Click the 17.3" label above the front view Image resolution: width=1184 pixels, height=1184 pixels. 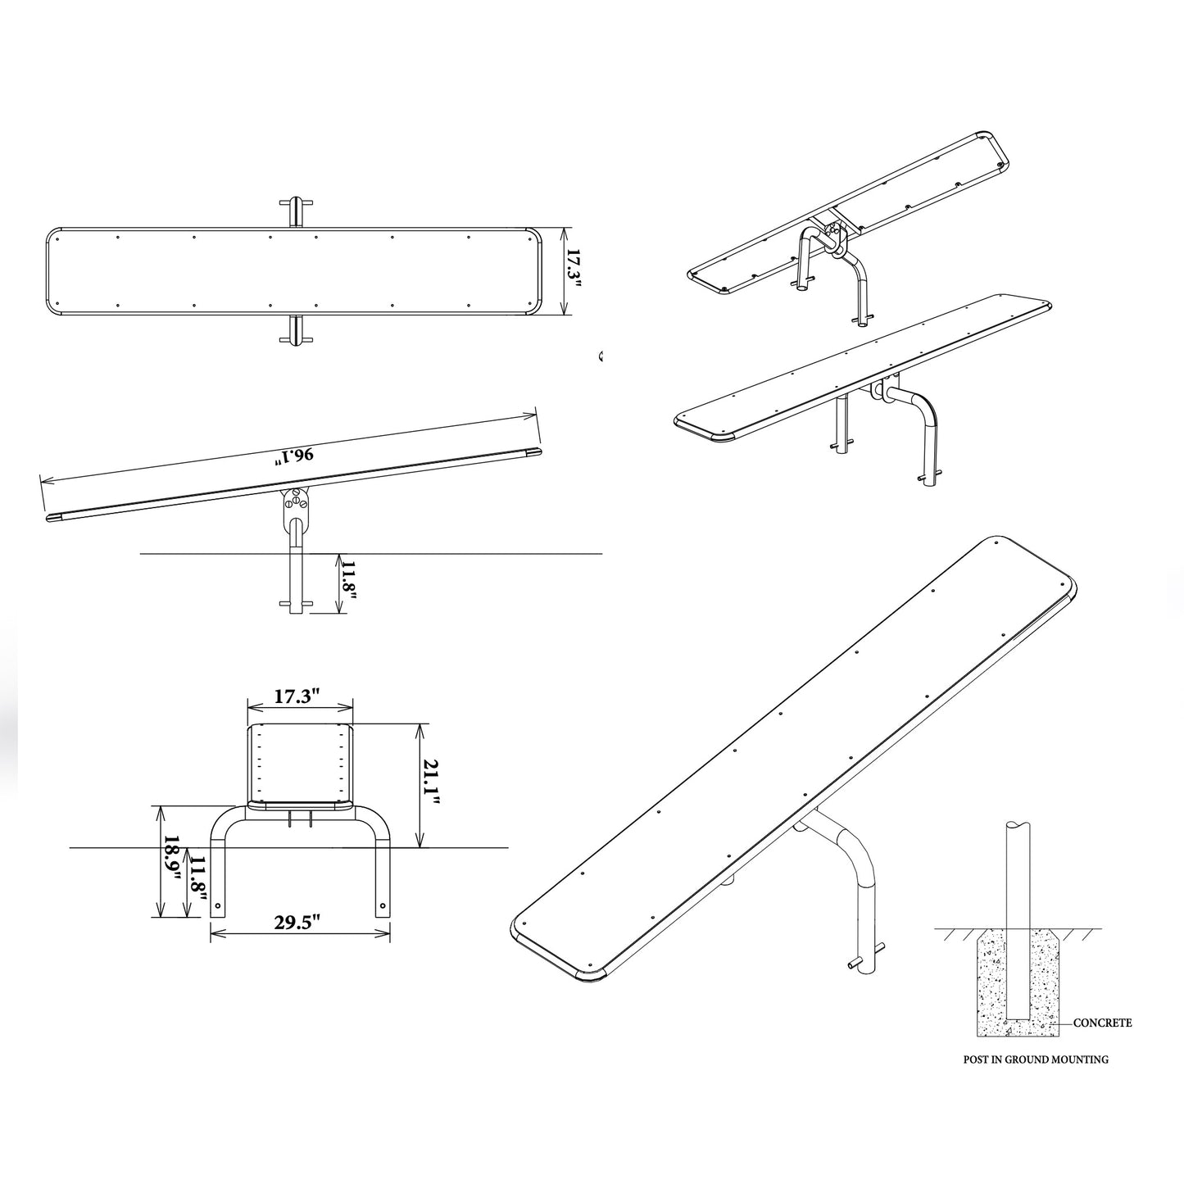point(297,696)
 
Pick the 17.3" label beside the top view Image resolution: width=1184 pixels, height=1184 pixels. point(574,271)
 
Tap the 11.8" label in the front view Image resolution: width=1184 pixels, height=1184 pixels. point(197,881)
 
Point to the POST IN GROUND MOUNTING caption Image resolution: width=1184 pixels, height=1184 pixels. point(1036,1077)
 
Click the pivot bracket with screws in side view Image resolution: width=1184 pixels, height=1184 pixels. point(294,507)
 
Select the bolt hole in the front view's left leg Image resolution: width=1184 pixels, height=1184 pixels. point(217,905)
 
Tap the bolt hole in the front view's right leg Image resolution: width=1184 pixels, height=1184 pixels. point(383,905)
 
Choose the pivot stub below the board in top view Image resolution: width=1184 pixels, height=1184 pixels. point(296,331)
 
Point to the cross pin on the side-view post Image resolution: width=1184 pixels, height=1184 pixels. point(296,603)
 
